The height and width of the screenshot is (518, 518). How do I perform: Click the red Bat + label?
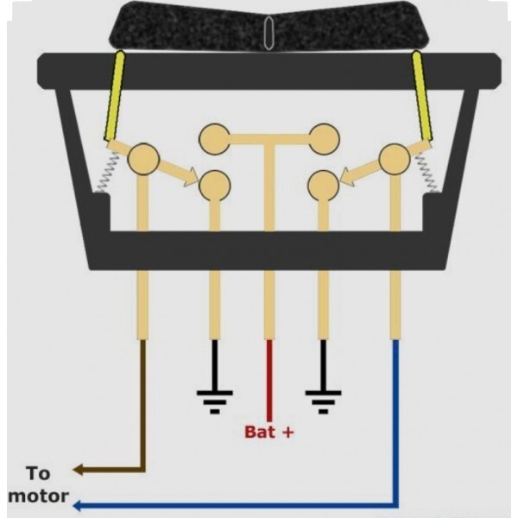[268, 432]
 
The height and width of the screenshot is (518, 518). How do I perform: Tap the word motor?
[38, 496]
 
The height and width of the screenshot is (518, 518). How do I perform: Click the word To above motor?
[38, 473]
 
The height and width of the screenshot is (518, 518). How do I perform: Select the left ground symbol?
[215, 402]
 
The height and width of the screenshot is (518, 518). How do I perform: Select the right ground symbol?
[323, 402]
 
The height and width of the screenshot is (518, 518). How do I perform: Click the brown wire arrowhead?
[78, 470]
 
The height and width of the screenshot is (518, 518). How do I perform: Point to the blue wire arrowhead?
[78, 505]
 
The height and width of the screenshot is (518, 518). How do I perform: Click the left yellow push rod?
[114, 96]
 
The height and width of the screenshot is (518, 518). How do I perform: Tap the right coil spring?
[426, 173]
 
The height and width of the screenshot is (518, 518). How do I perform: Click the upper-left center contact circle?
[215, 139]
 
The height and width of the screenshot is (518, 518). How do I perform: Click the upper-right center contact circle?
[324, 139]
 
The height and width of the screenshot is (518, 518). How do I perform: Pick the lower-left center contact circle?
[215, 186]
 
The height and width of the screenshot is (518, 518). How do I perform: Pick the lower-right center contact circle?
[324, 186]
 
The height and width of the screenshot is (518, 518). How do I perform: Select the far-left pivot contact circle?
[143, 159]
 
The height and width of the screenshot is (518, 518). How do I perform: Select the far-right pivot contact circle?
[395, 159]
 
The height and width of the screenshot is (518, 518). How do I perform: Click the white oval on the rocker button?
[268, 33]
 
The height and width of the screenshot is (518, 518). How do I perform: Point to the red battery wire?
[269, 380]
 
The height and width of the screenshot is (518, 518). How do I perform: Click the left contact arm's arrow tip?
[199, 180]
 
